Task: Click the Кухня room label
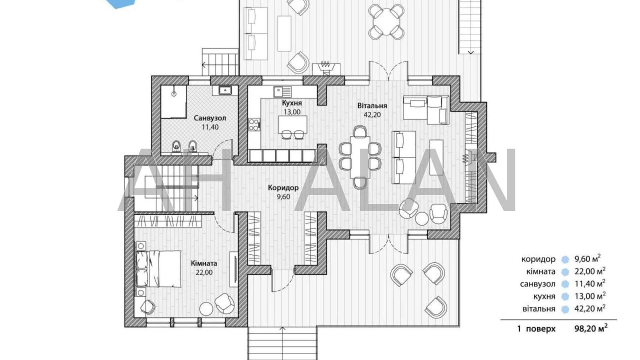click(292, 103)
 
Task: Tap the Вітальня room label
click(372, 106)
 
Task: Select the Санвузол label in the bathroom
click(210, 118)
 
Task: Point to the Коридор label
click(283, 188)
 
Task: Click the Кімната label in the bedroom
click(204, 263)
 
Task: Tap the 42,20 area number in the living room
click(372, 115)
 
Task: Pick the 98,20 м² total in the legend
click(591, 328)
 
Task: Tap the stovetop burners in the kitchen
click(254, 124)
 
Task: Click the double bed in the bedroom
click(158, 269)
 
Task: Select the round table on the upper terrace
click(386, 22)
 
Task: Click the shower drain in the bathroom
click(174, 93)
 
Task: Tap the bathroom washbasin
click(225, 91)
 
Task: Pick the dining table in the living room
click(360, 157)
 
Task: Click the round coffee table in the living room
click(421, 218)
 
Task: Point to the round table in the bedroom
click(206, 308)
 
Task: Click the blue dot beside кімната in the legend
click(565, 272)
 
